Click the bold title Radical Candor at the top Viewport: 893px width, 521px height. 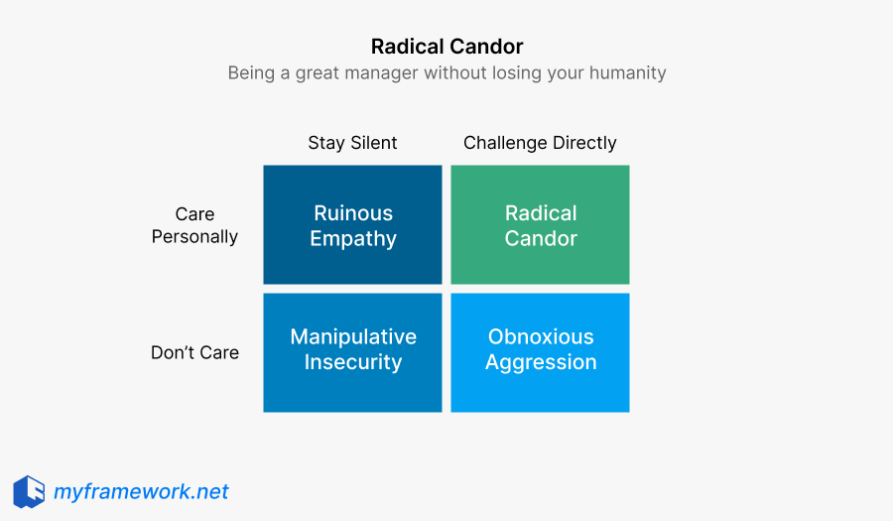click(x=446, y=47)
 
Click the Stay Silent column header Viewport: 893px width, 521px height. click(x=352, y=143)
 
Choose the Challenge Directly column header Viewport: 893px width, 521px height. click(x=540, y=143)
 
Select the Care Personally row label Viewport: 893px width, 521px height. click(x=194, y=225)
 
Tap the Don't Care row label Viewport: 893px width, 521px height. click(x=194, y=352)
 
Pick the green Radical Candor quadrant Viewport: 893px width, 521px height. click(x=540, y=263)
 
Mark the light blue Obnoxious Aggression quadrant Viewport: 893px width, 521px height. click(x=540, y=389)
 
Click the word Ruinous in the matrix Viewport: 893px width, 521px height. click(x=352, y=213)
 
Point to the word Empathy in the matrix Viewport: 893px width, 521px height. click(x=352, y=238)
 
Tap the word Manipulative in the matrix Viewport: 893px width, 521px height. click(x=352, y=337)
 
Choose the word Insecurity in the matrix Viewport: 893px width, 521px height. click(x=352, y=362)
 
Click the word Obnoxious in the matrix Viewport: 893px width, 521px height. click(x=541, y=337)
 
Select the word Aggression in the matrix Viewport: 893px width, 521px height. click(x=541, y=362)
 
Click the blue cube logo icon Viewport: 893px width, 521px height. click(x=29, y=492)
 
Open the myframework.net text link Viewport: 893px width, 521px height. click(x=141, y=492)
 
